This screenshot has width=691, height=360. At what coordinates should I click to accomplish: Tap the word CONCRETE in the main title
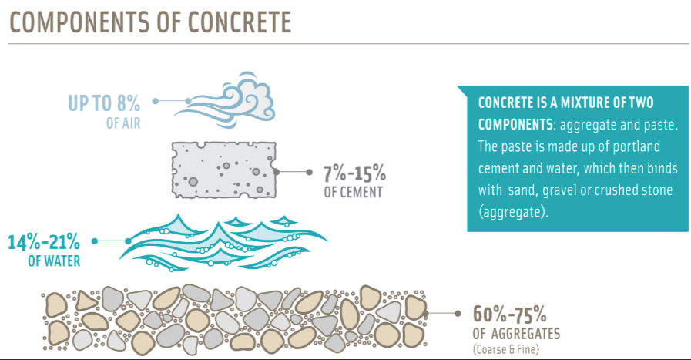240,22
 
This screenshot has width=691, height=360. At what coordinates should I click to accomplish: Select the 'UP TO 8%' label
104,103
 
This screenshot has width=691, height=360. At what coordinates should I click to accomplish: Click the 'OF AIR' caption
123,123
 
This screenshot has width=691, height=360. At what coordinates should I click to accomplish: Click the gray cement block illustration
224,170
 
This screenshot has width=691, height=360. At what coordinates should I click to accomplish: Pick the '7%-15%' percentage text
355,173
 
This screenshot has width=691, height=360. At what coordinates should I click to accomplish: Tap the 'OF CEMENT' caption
354,193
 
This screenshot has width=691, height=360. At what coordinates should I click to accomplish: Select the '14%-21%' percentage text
44,242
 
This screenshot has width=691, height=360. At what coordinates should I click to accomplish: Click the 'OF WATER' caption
54,261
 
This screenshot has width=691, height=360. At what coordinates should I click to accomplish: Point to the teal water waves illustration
223,242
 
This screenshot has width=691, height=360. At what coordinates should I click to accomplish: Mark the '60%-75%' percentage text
509,315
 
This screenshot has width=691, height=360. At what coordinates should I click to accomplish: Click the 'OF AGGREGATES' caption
516,334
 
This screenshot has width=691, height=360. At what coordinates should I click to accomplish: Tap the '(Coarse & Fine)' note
506,350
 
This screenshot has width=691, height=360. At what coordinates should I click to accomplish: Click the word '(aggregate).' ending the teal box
513,212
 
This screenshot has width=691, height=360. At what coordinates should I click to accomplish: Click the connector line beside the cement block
293,172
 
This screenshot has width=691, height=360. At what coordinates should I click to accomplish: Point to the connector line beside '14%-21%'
111,241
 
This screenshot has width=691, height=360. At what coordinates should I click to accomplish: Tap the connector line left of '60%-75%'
442,314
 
